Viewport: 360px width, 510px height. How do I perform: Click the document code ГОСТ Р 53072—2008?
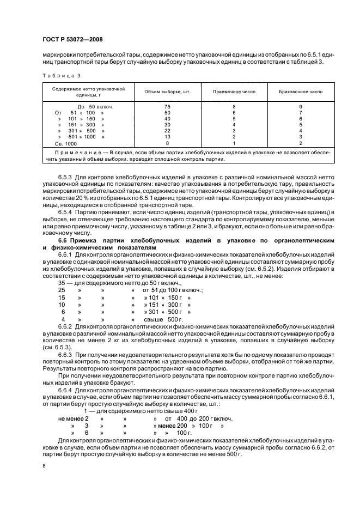[72, 39]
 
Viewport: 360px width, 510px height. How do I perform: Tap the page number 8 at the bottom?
[44, 466]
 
